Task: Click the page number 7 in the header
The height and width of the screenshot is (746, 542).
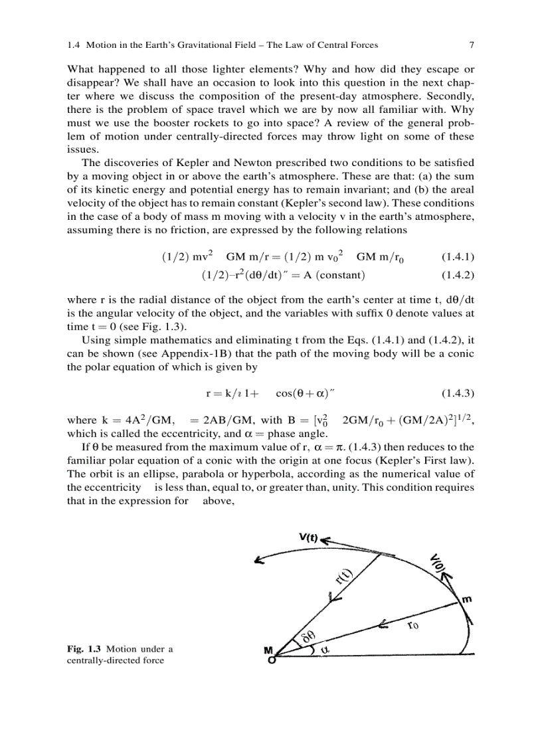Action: tap(471, 45)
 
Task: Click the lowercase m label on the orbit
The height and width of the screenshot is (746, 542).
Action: tap(467, 599)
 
